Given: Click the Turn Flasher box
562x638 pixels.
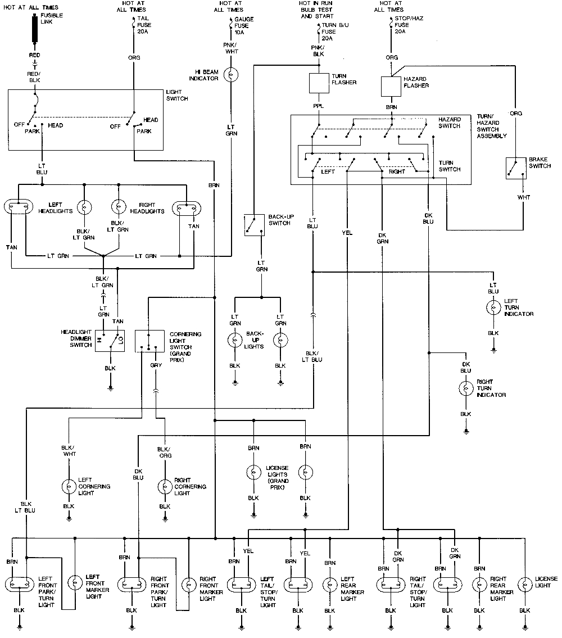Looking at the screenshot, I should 319,83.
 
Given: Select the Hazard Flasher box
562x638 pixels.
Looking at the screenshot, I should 391,85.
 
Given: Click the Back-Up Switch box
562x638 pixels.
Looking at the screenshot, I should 253,224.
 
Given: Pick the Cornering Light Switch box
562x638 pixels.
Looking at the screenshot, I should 149,341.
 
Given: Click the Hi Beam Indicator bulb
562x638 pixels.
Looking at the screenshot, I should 230,75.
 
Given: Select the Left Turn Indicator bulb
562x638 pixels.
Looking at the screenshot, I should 493,307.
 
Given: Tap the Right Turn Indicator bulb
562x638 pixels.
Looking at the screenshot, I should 466,388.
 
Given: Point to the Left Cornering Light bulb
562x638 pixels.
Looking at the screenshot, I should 69,486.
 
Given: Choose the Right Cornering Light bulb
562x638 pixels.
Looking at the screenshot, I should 164,486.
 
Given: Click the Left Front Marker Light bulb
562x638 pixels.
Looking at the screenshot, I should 75,584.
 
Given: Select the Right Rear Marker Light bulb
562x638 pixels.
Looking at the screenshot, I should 479,584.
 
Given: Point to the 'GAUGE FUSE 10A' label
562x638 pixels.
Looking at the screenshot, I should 243,25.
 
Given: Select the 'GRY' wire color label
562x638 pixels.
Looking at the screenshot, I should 156,365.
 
